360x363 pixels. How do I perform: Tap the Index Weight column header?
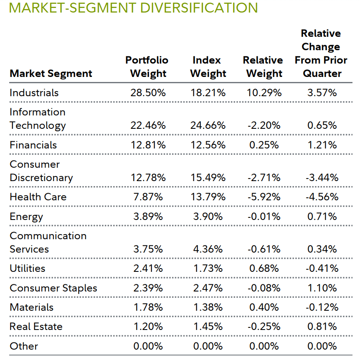point(208,67)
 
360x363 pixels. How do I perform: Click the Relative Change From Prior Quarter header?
point(321,54)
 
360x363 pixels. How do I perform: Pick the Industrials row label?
point(34,92)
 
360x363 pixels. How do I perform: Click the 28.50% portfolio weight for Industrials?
point(148,92)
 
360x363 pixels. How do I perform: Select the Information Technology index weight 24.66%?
point(208,125)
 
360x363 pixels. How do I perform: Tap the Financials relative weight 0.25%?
point(264,145)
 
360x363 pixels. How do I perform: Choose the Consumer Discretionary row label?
point(41,171)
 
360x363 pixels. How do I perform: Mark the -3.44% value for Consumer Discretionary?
point(322,177)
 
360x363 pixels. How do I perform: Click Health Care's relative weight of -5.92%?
point(264,197)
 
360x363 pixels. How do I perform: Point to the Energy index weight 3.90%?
point(208,216)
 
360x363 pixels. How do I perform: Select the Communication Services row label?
point(48,243)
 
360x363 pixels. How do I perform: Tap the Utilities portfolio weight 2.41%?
point(148,268)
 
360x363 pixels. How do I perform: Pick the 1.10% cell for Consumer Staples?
point(322,288)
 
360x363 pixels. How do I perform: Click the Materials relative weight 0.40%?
point(264,307)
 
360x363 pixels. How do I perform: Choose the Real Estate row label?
point(35,327)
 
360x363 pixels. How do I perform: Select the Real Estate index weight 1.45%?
point(208,327)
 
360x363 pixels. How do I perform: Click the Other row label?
point(24,346)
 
